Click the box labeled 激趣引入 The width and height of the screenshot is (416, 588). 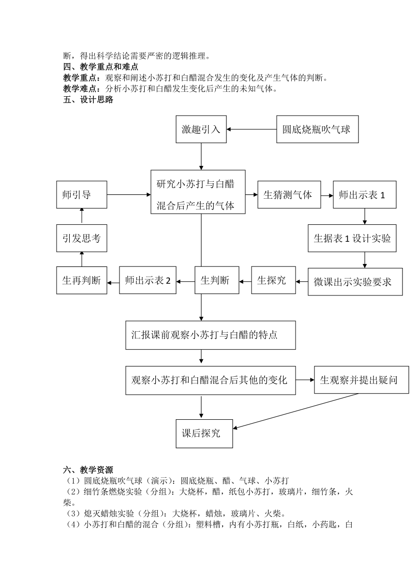pyautogui.click(x=201, y=129)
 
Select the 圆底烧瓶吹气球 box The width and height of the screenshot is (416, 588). pyautogui.click(x=317, y=129)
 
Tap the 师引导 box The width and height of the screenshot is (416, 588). pyautogui.click(x=82, y=194)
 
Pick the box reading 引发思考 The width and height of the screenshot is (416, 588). pyautogui.click(x=82, y=238)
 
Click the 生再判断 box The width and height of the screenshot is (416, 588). pyautogui.click(x=82, y=280)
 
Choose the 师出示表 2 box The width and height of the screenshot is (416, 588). pyautogui.click(x=148, y=280)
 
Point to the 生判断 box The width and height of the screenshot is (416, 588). pyautogui.click(x=217, y=280)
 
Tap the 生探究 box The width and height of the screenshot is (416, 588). pyautogui.click(x=273, y=280)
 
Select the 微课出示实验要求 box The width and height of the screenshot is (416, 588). pyautogui.click(x=355, y=281)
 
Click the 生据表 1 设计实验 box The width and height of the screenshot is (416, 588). pyautogui.click(x=352, y=238)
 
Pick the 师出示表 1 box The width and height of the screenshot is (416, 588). pyautogui.click(x=365, y=194)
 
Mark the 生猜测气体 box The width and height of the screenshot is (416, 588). pyautogui.click(x=289, y=194)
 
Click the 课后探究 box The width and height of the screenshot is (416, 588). pyautogui.click(x=204, y=433)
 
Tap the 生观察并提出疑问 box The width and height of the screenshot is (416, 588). pyautogui.click(x=361, y=380)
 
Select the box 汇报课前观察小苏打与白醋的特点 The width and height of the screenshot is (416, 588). pyautogui.click(x=210, y=335)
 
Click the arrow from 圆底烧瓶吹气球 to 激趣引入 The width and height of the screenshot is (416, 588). pyautogui.click(x=252, y=129)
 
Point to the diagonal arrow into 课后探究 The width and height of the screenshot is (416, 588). pyautogui.click(x=296, y=411)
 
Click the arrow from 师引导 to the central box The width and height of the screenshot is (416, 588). pyautogui.click(x=129, y=194)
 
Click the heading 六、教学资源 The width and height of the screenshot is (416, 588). pyautogui.click(x=88, y=470)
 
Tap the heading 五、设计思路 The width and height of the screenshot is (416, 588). pyautogui.click(x=88, y=100)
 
